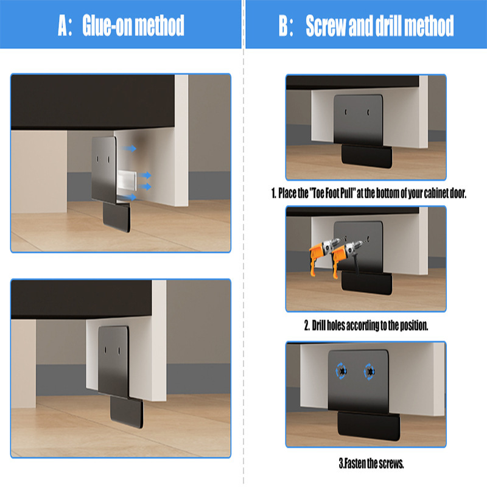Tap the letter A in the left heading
tap(63, 26)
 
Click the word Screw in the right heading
tap(326, 26)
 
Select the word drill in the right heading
tap(388, 26)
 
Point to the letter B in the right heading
tap(284, 26)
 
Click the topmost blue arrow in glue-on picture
tap(129, 149)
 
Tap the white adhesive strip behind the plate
tap(127, 180)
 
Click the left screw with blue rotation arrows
tap(342, 371)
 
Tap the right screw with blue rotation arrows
tap(370, 371)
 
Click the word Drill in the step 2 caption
tap(318, 326)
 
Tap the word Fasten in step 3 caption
tap(355, 463)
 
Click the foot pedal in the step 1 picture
tap(366, 156)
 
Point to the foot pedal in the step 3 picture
tap(369, 426)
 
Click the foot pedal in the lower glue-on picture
tap(127, 412)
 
